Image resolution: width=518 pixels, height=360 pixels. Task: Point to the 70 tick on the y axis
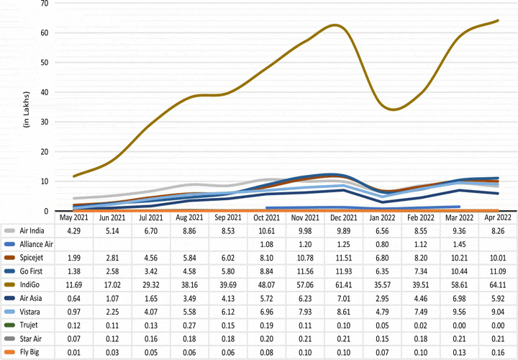pos(45,3)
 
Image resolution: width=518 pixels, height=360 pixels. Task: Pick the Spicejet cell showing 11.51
pos(347,257)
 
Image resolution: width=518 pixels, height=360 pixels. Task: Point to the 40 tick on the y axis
pos(45,92)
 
